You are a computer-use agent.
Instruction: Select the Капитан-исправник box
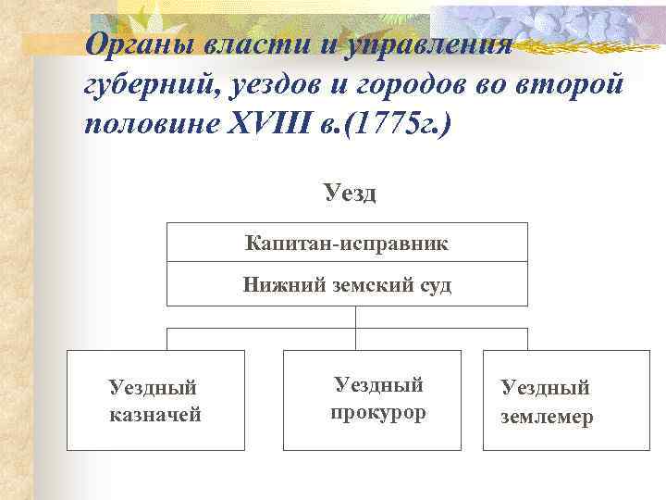[347, 244]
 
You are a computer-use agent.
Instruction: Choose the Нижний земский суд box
[347, 285]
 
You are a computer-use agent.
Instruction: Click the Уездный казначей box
[155, 400]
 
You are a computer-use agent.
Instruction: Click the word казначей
[155, 415]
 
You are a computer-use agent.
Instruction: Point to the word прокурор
[378, 412]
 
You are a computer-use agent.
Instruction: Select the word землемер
[547, 418]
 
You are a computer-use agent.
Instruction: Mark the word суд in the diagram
[433, 285]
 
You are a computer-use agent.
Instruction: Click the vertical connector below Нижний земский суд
[356, 317]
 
